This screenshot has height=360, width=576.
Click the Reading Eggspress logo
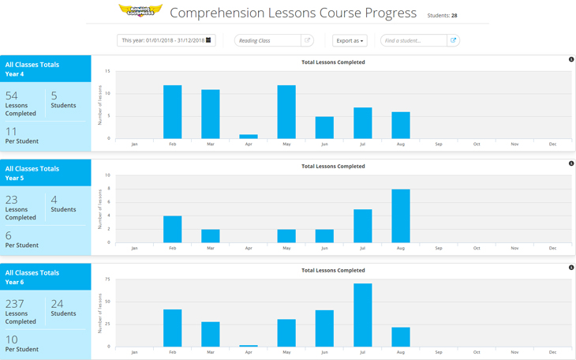click(x=140, y=11)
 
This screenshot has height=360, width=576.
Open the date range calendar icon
click(x=208, y=40)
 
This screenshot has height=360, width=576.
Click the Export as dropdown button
click(x=350, y=40)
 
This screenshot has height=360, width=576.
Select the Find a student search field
click(x=413, y=40)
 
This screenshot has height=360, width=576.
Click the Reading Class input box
click(x=267, y=40)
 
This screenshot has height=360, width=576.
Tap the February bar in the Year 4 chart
click(x=172, y=111)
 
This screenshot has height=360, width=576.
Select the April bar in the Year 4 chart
click(x=249, y=137)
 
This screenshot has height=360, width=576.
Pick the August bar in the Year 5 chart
click(x=401, y=216)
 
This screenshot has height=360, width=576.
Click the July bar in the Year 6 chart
click(x=363, y=315)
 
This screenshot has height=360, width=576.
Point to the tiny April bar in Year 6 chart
click(x=249, y=346)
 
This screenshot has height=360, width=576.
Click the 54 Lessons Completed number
click(x=12, y=96)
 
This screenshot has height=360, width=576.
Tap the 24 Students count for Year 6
click(x=57, y=304)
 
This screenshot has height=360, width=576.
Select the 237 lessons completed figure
click(x=15, y=304)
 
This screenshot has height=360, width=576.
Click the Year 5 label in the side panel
click(x=14, y=178)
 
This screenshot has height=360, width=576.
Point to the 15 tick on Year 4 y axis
click(x=108, y=71)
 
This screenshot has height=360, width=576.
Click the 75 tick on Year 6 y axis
click(x=108, y=279)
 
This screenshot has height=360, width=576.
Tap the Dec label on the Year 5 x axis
click(x=552, y=248)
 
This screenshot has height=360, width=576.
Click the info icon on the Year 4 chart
click(x=571, y=60)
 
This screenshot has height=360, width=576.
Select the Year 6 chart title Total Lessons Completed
click(x=333, y=271)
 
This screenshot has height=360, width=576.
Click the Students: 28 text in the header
click(x=442, y=15)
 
